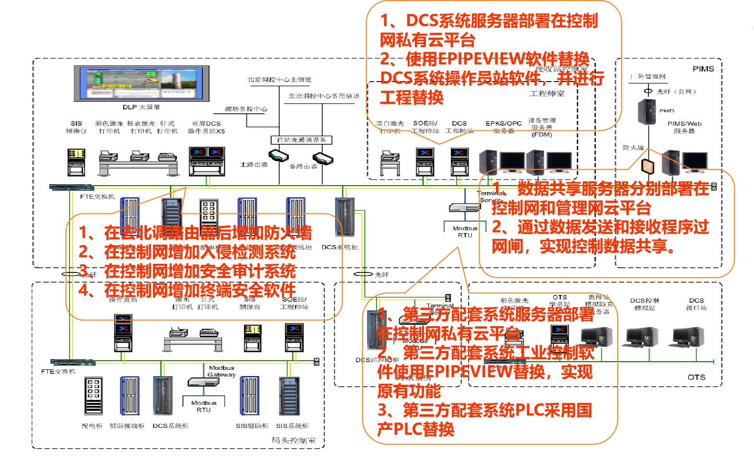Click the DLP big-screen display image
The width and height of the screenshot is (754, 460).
pos(141,83)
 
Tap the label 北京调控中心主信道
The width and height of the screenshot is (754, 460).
pos(279,80)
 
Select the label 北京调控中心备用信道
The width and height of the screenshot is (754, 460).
pos(324,96)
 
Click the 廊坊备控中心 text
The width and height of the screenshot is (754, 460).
pos(246,109)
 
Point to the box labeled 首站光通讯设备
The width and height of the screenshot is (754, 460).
pos(301,140)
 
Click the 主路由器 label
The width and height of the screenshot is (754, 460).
pos(254,165)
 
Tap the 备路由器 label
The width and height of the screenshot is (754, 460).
pos(303,166)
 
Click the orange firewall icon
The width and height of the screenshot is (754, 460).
pos(648,166)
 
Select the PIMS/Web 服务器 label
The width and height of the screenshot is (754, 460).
pos(684,127)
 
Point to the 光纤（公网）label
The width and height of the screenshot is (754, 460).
pos(676,91)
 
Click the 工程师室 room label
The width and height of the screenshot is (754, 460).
pos(547,94)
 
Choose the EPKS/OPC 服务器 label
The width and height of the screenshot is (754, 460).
pos(503,127)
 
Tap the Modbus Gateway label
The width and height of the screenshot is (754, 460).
pos(222,371)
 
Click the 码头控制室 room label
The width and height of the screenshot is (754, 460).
pos(294,440)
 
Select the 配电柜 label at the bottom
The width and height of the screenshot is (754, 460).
pos(92,425)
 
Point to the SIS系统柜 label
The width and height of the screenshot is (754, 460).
pos(292,425)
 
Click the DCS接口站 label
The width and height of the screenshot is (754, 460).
pos(696,304)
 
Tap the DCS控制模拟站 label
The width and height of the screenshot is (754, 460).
pos(644,304)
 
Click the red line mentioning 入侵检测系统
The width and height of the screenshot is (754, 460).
pos(187,252)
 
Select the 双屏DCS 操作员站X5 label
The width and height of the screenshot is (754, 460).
pos(206,127)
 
